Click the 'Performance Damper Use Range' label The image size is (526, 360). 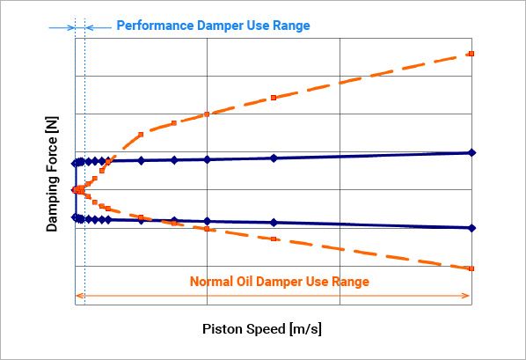(x=213, y=26)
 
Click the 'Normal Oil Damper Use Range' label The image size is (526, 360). (x=280, y=282)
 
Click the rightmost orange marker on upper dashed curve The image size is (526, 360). (x=471, y=54)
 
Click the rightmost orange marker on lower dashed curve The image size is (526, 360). (x=471, y=268)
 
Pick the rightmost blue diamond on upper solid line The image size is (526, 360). (x=472, y=153)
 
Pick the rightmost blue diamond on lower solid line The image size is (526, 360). (x=472, y=228)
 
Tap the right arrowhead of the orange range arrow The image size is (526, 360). (x=469, y=296)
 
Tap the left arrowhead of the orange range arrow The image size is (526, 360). (x=80, y=296)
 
